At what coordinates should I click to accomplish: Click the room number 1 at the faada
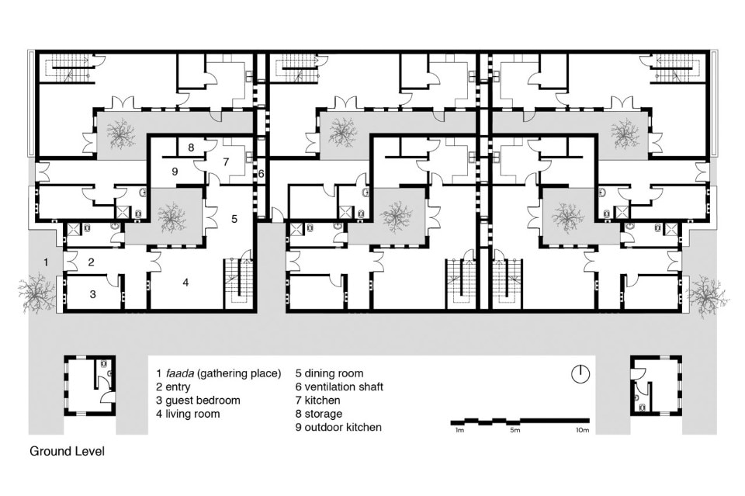click(x=46, y=262)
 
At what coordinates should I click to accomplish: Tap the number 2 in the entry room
click(x=92, y=262)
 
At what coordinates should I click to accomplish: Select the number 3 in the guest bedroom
click(x=93, y=294)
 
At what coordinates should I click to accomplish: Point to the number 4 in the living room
click(x=185, y=283)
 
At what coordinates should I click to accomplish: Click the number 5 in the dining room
click(x=234, y=219)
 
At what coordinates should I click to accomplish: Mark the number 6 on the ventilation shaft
click(x=261, y=174)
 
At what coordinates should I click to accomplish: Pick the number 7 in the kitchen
click(x=226, y=161)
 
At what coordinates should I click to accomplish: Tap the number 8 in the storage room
click(x=191, y=147)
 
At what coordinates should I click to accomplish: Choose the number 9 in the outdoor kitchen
click(x=175, y=171)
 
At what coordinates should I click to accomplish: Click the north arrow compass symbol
click(x=580, y=374)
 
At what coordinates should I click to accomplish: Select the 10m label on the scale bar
click(x=582, y=430)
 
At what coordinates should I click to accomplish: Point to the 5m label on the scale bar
click(x=515, y=430)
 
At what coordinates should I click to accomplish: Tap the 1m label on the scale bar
click(x=459, y=430)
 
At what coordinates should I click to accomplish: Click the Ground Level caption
click(x=67, y=451)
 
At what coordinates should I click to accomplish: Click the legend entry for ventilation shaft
click(x=339, y=387)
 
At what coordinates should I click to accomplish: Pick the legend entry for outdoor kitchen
click(x=338, y=427)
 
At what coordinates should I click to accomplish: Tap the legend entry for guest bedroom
click(x=198, y=400)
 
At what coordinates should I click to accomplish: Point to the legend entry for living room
click(x=188, y=414)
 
